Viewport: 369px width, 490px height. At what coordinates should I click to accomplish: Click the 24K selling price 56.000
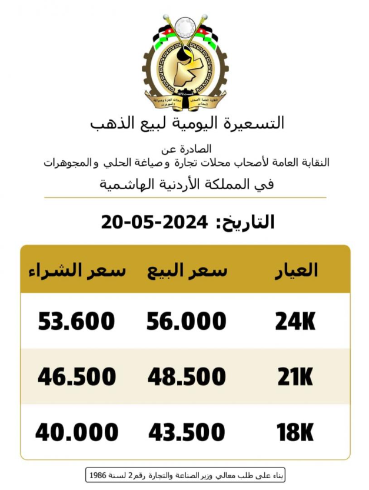pos(187,321)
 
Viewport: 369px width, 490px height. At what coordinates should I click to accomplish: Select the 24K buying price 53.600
pos(77,321)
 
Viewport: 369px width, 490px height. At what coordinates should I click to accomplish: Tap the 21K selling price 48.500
pos(187,376)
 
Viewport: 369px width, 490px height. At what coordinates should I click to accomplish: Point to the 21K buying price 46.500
pos(77,376)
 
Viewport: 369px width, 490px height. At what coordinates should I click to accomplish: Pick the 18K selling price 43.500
pos(187,433)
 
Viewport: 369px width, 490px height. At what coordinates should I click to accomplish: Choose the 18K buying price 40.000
pos(77,433)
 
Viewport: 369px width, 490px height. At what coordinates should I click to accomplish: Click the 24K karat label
pos(295,321)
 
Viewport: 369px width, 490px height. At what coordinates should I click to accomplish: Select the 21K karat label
pos(295,376)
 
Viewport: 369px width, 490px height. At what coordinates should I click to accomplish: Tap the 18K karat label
pos(295,433)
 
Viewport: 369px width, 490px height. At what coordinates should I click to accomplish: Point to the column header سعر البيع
pos(187,270)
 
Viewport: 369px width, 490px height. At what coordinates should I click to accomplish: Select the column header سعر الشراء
pos(76,270)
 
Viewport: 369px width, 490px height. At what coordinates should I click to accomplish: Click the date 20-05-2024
pos(155,222)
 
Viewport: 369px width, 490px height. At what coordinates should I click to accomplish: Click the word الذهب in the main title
pos(114,122)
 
